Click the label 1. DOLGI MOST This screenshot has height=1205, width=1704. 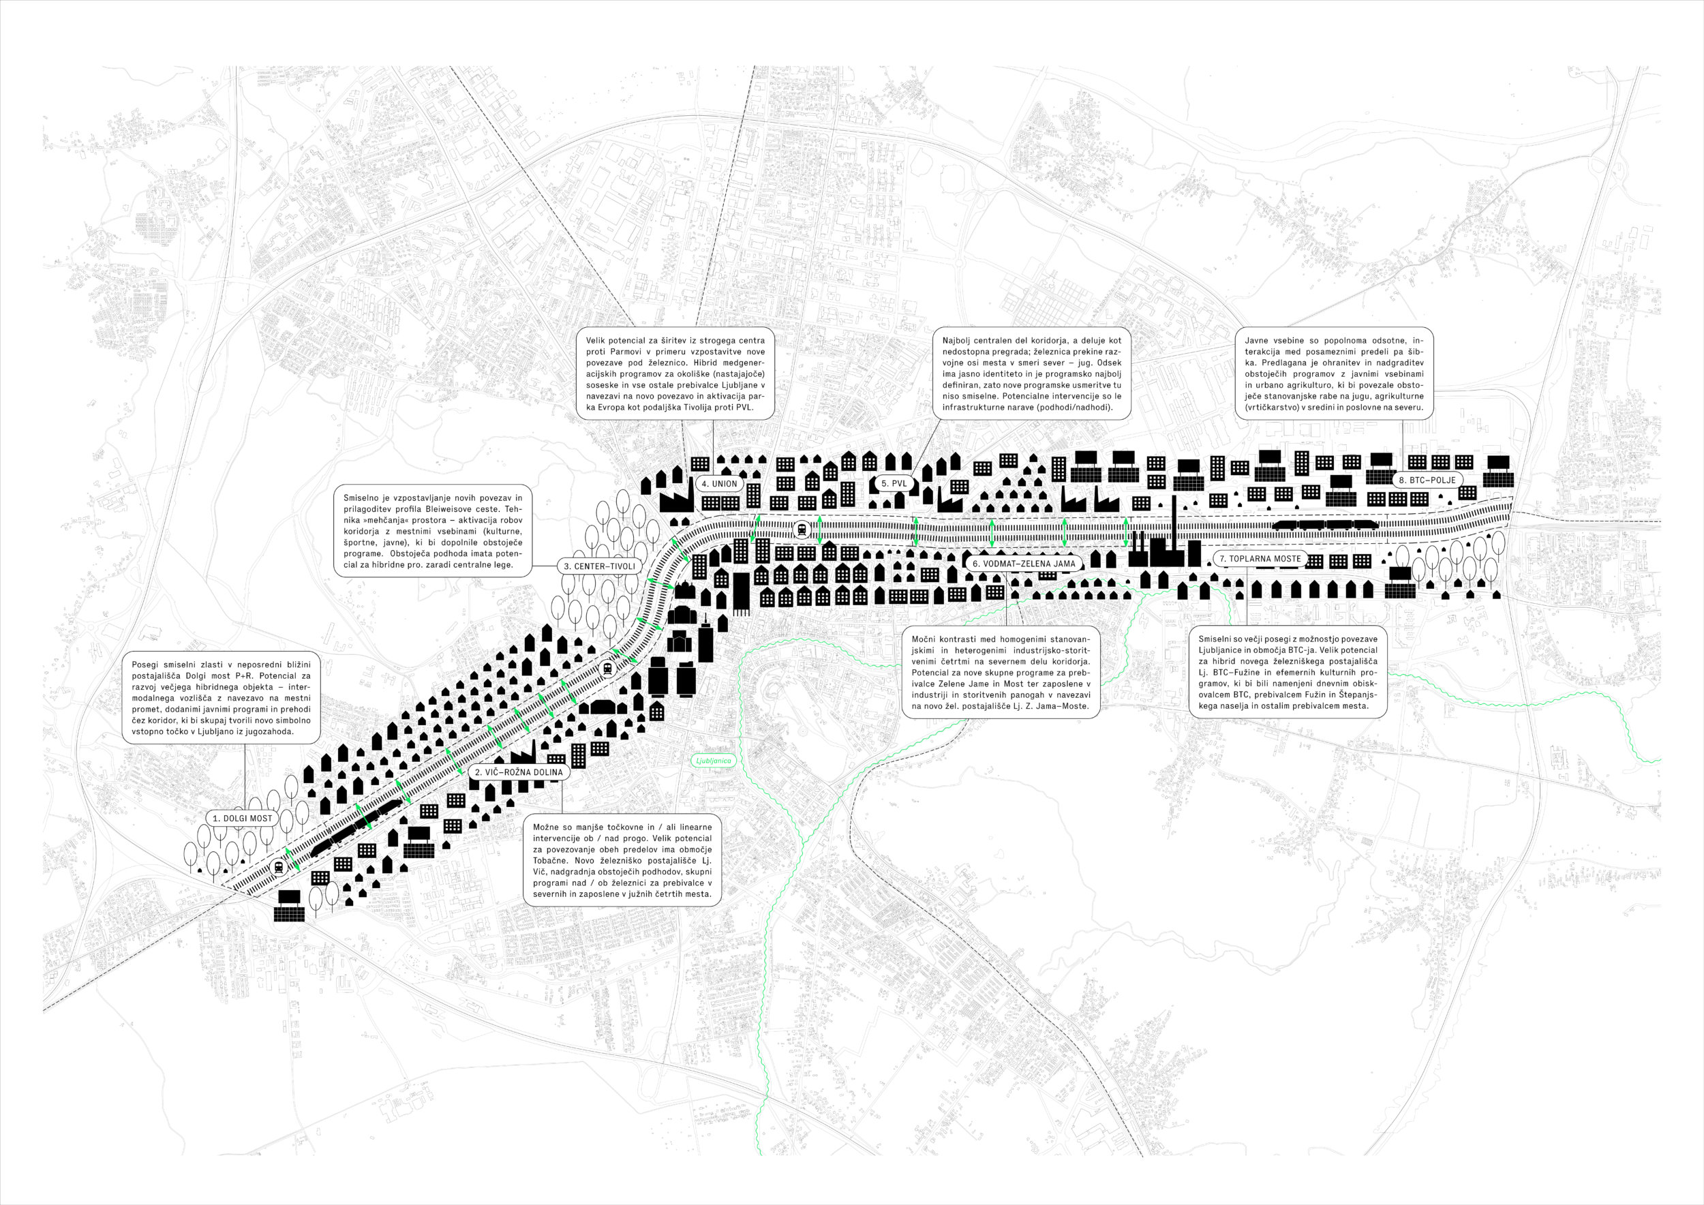[242, 819]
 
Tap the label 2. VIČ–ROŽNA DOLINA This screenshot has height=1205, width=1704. [519, 772]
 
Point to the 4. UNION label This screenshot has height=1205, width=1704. [719, 484]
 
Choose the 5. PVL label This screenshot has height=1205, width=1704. [894, 484]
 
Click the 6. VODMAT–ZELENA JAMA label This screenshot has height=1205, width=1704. [1024, 563]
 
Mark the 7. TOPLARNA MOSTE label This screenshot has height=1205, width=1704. [1260, 559]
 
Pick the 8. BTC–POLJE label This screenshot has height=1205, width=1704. [1427, 480]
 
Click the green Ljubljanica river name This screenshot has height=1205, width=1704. [713, 761]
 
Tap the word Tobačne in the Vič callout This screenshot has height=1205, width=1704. [550, 861]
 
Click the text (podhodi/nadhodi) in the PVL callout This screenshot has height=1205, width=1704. [1069, 408]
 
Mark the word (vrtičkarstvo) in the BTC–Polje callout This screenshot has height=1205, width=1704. [1273, 408]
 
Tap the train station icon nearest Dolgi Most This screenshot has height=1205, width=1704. [279, 866]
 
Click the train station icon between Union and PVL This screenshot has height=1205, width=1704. [802, 529]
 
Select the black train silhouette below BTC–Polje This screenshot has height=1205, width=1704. [1326, 525]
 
